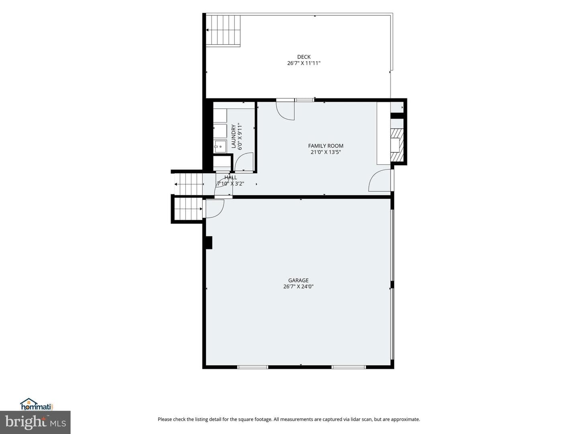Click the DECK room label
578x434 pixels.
click(304, 57)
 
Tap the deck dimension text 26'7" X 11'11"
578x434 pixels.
click(304, 63)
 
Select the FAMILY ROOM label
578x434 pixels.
click(326, 146)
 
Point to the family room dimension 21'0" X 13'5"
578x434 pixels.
click(326, 152)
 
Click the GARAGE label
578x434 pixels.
click(298, 280)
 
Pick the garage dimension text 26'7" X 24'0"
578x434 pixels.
click(298, 287)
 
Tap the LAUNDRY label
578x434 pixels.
click(233, 137)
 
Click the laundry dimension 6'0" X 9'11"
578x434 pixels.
click(240, 137)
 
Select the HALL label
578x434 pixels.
click(231, 177)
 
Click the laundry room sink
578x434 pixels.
click(220, 146)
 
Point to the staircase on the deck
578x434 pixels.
click(223, 30)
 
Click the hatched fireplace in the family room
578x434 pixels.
click(397, 145)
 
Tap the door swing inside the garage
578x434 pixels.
click(215, 209)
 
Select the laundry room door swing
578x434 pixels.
click(244, 162)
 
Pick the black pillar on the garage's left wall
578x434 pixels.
click(209, 243)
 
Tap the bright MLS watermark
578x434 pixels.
click(35, 422)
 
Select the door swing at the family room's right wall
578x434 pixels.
click(379, 180)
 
